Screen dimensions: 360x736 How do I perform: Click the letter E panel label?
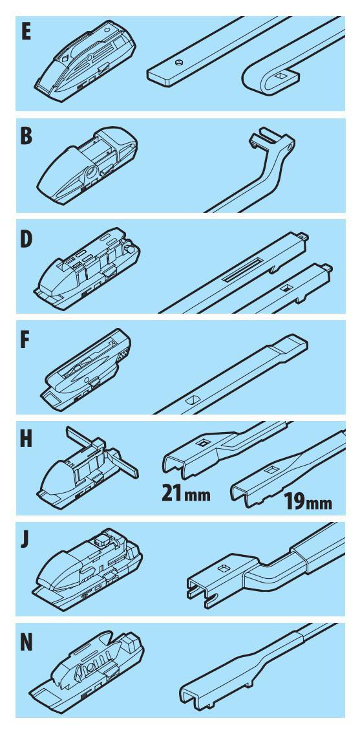click(x=25, y=32)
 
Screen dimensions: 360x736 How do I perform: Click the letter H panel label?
click(x=26, y=440)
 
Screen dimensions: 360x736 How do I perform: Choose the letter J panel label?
click(x=25, y=540)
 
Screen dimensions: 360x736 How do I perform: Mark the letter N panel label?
click(x=26, y=643)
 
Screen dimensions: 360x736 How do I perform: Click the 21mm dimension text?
click(x=186, y=493)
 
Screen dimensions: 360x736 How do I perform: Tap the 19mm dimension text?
click(x=308, y=503)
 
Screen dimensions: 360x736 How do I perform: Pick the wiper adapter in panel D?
click(x=87, y=266)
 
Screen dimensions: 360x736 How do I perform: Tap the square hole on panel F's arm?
click(x=193, y=400)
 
